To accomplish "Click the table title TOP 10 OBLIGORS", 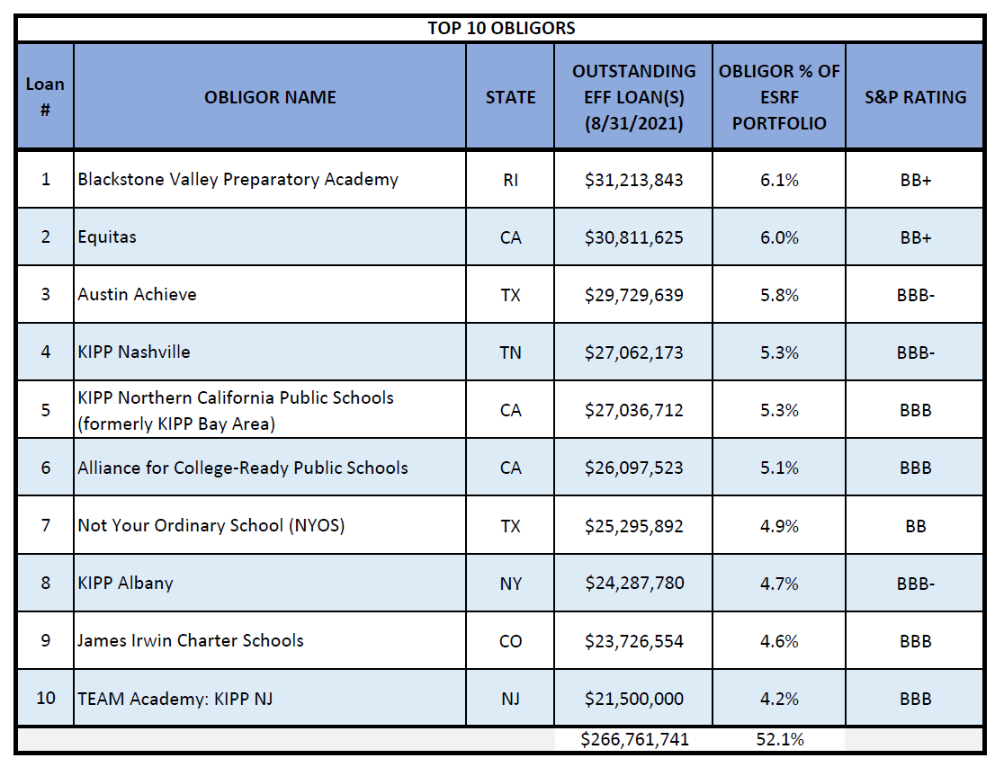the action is pos(501,28).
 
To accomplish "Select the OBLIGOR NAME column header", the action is pos(270,97).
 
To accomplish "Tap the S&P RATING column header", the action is pos(916,97).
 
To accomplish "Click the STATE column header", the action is pos(510,97).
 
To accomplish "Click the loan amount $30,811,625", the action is pos(634,237).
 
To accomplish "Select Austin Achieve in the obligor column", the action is pos(137,295).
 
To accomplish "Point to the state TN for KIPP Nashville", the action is pos(510,352).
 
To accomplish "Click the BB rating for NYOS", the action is pos(916,526).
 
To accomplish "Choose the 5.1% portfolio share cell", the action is pos(779,468).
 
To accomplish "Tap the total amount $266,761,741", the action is pos(634,739).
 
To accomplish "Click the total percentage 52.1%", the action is pos(780,739).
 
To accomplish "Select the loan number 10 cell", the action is pos(46,698).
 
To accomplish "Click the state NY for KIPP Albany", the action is pos(510,584).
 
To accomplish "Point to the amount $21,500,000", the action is pos(634,700).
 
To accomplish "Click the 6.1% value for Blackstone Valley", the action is pos(779,180).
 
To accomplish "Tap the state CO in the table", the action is pos(510,641).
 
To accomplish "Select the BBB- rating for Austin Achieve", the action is pos(916,295).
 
